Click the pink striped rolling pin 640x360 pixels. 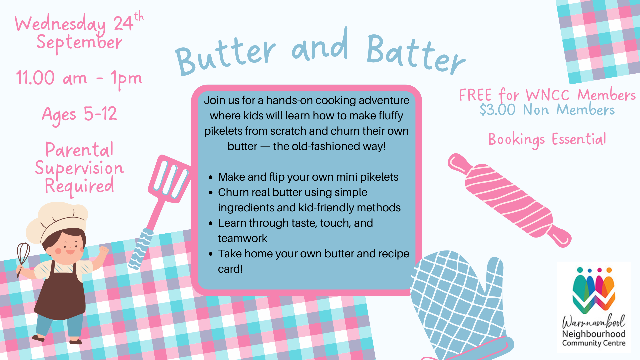coord(509,200)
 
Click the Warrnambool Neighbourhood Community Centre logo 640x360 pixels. coord(594,307)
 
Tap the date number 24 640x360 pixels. coord(123,23)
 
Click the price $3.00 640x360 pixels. coord(497,110)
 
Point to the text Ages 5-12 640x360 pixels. coord(80,114)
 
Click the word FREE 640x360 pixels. coord(475,95)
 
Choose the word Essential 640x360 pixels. coord(579,139)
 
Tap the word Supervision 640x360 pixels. coord(79,168)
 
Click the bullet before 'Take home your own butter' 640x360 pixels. coord(211,254)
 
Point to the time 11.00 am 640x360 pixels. coord(52,78)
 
